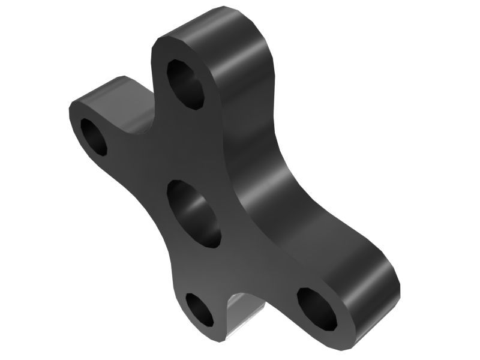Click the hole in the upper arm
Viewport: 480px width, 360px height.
pos(185,84)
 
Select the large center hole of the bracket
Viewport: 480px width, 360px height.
pos(194,213)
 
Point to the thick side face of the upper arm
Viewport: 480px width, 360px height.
pos(246,78)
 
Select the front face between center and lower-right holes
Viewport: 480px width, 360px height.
pos(258,264)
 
